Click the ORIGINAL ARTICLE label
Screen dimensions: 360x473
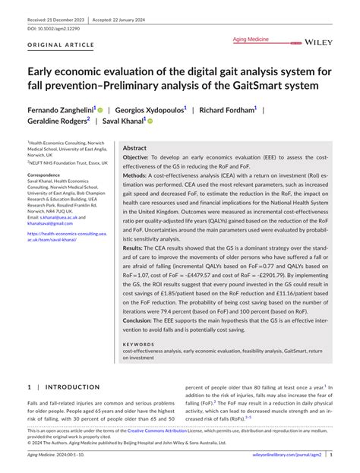coord(60,45)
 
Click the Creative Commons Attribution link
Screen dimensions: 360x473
coord(175,430)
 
